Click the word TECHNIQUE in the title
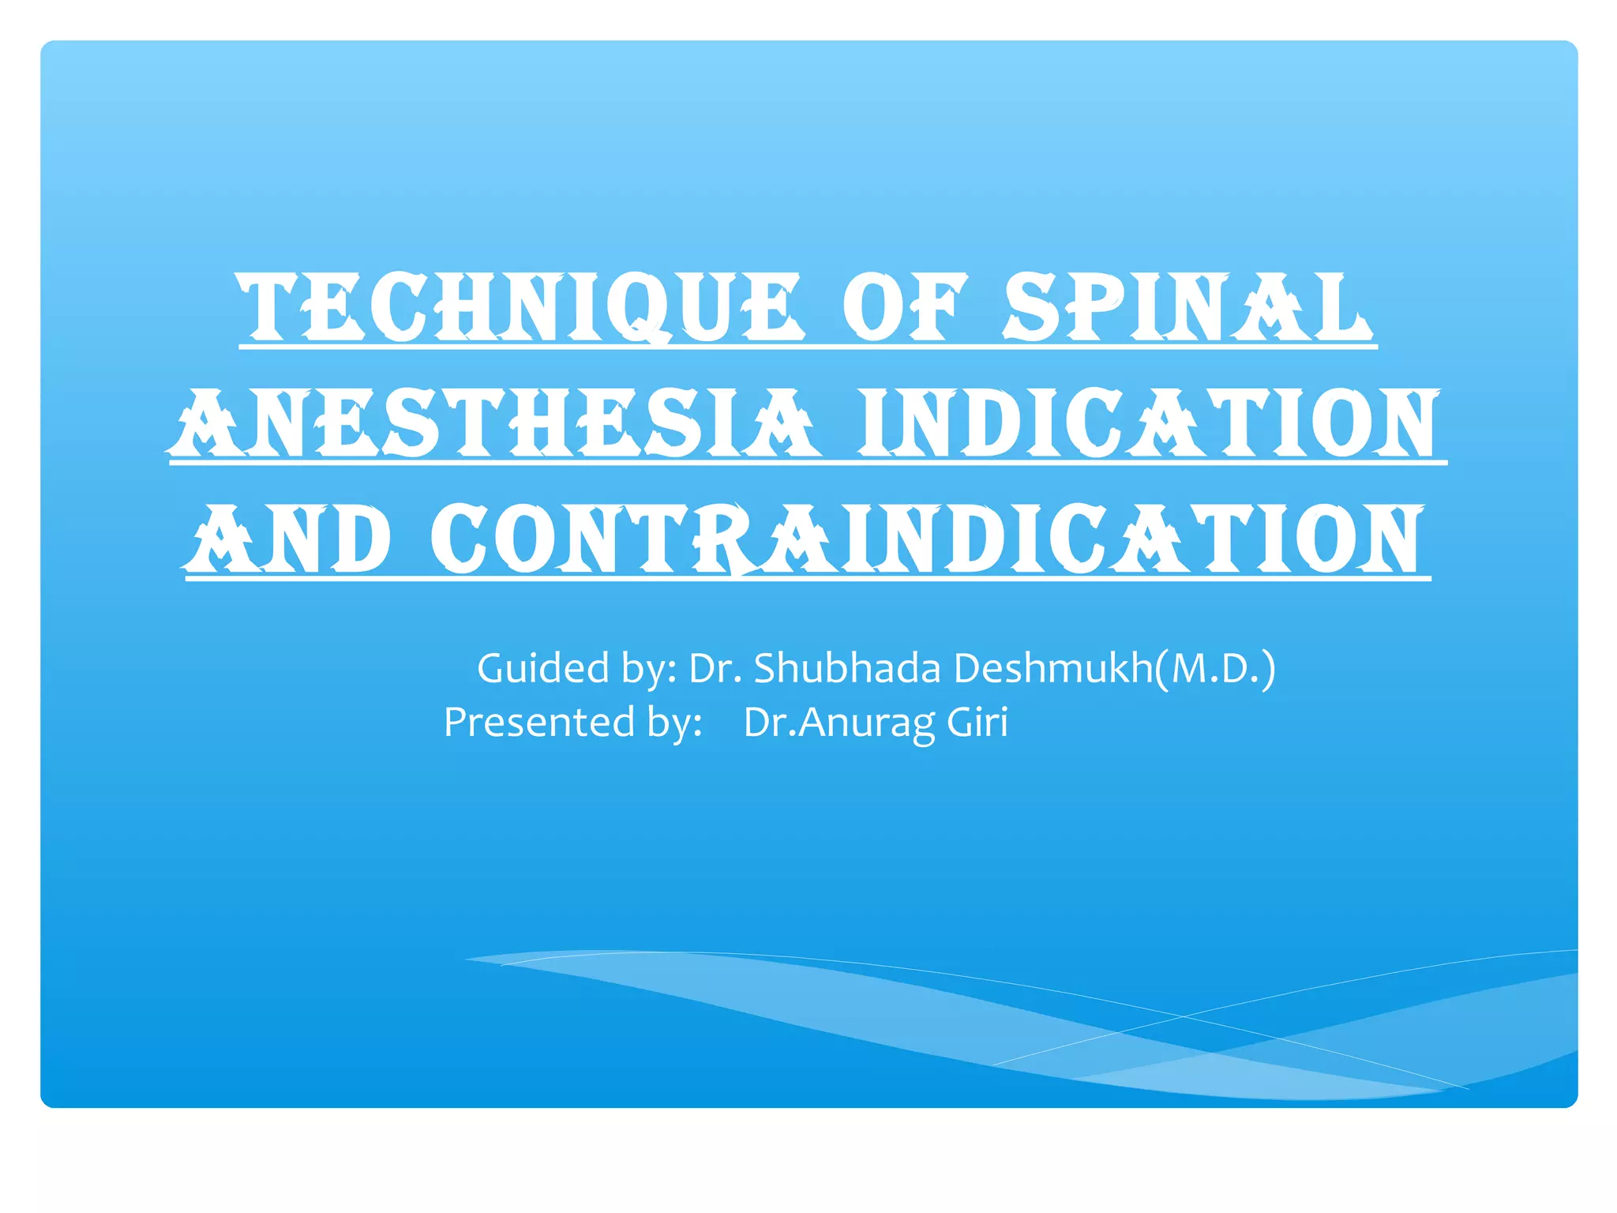pyautogui.click(x=521, y=308)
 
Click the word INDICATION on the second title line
pyautogui.click(x=1150, y=424)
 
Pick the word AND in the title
pyautogui.click(x=289, y=540)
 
